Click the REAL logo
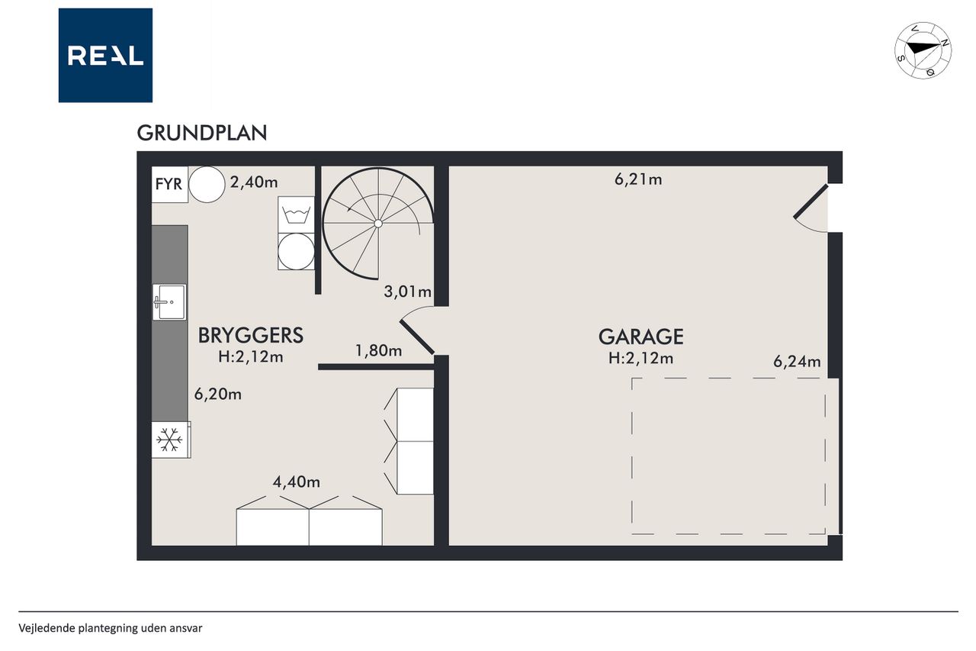[x=105, y=56]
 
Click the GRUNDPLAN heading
[x=202, y=134]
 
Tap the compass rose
[x=923, y=50]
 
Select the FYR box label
[x=169, y=184]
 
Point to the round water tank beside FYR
[x=207, y=184]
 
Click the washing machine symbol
[x=297, y=214]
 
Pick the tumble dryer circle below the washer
[x=297, y=251]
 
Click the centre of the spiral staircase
[x=378, y=224]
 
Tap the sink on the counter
[x=169, y=301]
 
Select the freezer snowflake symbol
[x=169, y=440]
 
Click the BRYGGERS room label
[x=251, y=335]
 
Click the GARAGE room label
[x=641, y=337]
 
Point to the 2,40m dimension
[x=254, y=182]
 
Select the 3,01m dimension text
[x=407, y=292]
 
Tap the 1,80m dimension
[x=379, y=350]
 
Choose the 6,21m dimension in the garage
[x=638, y=179]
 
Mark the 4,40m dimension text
[x=297, y=482]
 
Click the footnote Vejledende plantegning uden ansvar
[x=111, y=628]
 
